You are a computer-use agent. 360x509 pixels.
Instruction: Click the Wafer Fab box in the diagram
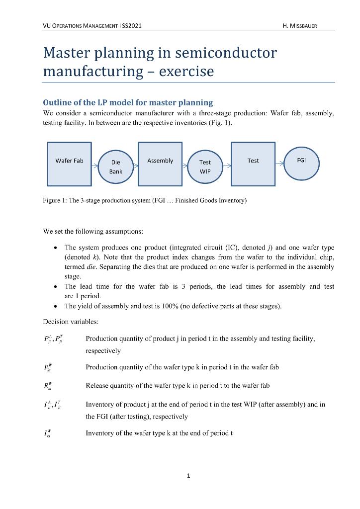(69, 161)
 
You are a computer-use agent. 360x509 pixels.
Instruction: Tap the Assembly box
(160, 161)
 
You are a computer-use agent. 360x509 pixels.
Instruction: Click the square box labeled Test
(253, 161)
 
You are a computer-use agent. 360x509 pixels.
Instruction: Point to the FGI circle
(301, 161)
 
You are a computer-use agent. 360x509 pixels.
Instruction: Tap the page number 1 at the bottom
(188, 476)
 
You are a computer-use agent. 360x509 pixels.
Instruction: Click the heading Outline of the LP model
(128, 102)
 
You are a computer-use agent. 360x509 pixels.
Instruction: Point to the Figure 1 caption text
(145, 201)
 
